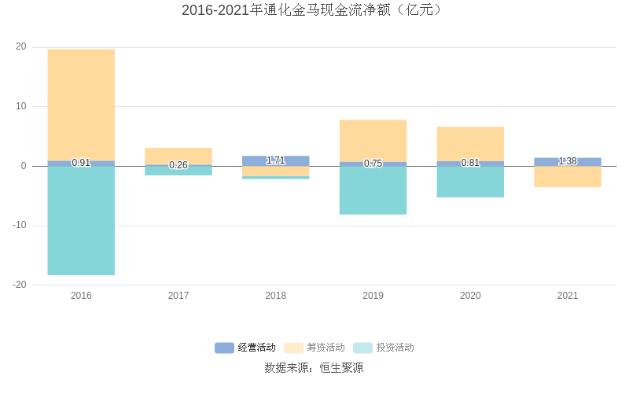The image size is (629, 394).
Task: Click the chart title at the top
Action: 314,10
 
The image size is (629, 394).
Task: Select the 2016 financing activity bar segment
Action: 81,105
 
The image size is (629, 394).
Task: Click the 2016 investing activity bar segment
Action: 81,220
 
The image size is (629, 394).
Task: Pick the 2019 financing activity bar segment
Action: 373,141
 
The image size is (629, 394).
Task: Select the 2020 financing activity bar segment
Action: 470,144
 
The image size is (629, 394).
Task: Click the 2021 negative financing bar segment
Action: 568,176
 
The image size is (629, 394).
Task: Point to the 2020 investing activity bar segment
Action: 470,182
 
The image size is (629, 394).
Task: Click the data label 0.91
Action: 81,163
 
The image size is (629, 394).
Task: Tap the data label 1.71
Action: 275,160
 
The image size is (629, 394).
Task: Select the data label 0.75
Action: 373,164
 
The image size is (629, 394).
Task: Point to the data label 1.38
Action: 568,161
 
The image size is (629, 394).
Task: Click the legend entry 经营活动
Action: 246,348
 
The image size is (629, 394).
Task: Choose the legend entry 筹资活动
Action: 314,348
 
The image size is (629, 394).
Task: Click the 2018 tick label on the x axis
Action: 275,296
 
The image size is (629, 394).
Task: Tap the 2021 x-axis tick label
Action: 568,296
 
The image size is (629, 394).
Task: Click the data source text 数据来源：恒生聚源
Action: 314,367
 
